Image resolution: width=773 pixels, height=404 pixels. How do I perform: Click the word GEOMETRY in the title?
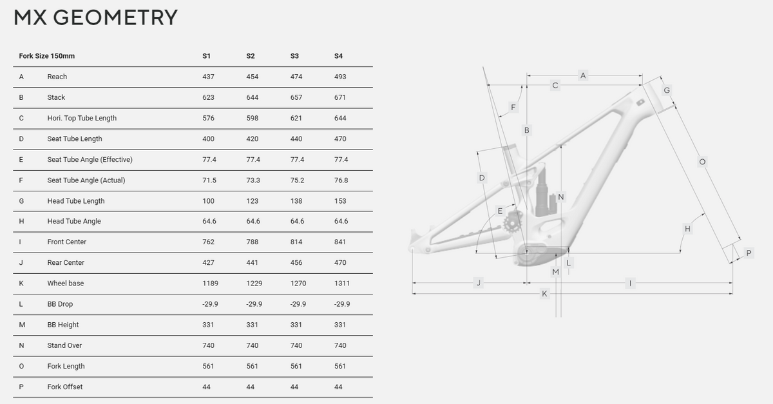coord(115,17)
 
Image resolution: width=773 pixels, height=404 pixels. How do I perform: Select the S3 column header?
coord(294,56)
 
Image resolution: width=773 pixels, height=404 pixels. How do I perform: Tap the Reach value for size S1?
coord(208,77)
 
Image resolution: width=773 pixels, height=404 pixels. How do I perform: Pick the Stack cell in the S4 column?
coord(340,97)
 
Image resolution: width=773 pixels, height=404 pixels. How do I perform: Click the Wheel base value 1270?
coord(298,284)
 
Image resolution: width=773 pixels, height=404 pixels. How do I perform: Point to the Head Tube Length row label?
coord(76,201)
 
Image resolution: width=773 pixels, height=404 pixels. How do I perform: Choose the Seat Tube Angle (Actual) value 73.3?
coord(253,180)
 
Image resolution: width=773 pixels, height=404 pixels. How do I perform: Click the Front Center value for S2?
coord(253,242)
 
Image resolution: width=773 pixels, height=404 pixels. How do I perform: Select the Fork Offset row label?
coord(65,387)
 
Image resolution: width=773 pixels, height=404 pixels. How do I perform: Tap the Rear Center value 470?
coord(340,262)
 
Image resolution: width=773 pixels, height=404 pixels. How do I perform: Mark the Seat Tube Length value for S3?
coord(296,139)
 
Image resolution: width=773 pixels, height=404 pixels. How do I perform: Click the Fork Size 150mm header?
coord(46,56)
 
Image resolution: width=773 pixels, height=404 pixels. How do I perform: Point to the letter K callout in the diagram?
coord(544,294)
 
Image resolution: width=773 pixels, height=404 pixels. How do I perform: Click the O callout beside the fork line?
coord(702,162)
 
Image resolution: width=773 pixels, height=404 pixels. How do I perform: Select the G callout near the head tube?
coord(667,90)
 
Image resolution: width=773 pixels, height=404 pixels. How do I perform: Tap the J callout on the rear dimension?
coord(478,283)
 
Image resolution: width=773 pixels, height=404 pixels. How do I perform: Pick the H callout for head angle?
coord(687,229)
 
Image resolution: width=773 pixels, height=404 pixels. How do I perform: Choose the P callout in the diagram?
coord(749,253)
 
